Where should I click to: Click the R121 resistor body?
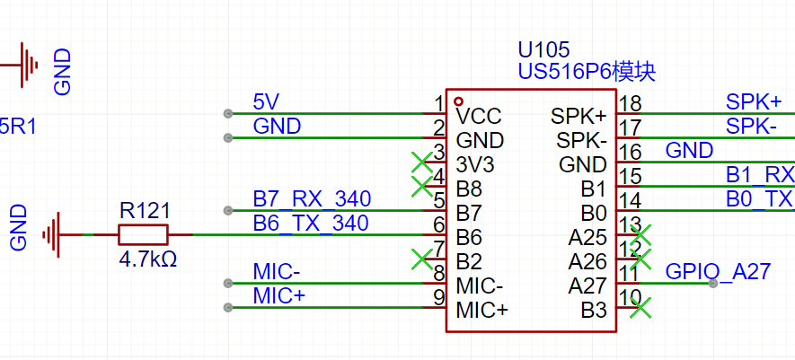click(143, 235)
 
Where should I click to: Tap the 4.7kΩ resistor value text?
click(147, 260)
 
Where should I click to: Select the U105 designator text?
click(543, 49)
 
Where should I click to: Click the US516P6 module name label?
click(586, 71)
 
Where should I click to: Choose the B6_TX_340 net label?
click(312, 223)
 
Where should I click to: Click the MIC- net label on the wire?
click(278, 272)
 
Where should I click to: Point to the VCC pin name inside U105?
click(478, 116)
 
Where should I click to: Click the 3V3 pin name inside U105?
click(476, 165)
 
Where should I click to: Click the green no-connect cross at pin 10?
click(640, 309)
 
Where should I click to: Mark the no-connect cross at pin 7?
click(420, 259)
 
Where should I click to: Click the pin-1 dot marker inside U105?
click(459, 101)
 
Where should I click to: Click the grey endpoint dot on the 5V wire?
click(228, 113)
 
